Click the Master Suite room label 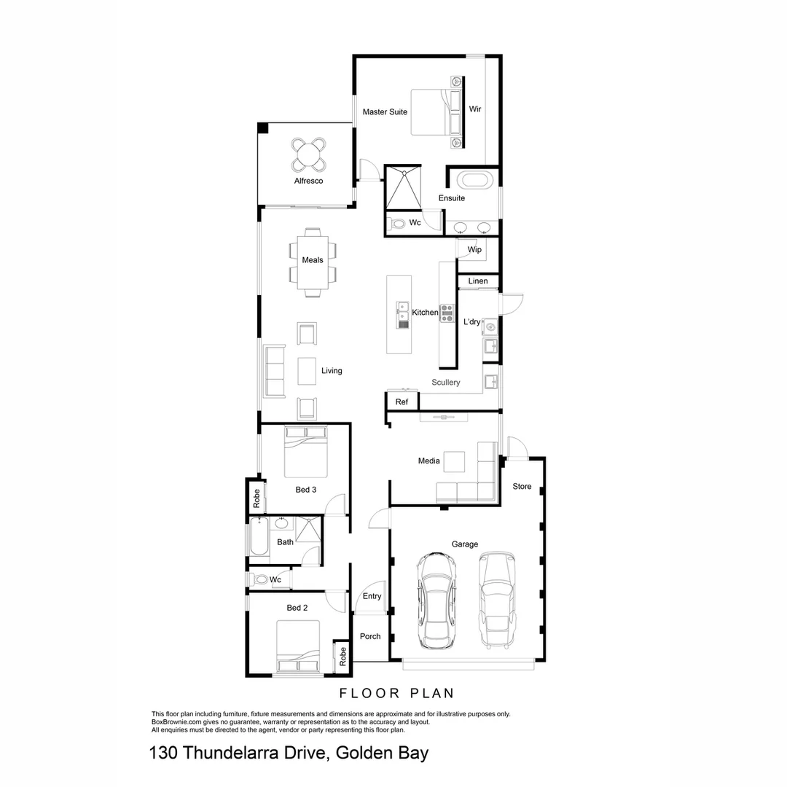(385, 111)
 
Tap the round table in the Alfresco (309, 154)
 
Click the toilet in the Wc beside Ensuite (397, 224)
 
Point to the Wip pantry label (474, 250)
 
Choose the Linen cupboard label (478, 281)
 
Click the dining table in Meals (313, 262)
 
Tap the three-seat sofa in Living (275, 371)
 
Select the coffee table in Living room (308, 371)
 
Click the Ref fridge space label (402, 402)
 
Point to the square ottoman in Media (455, 462)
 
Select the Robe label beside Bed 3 (257, 498)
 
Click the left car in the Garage (436, 600)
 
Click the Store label (522, 486)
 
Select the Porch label (370, 636)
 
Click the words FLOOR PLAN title (396, 693)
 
